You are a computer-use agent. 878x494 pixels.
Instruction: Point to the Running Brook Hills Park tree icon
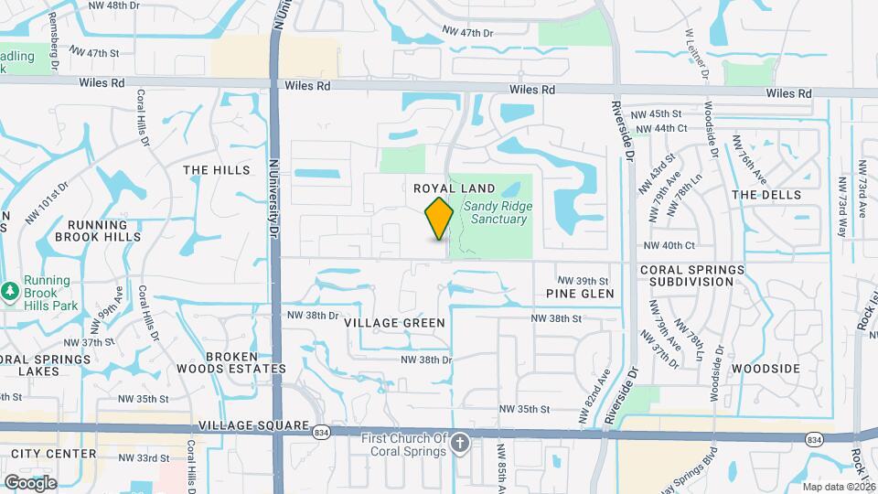coord(10,290)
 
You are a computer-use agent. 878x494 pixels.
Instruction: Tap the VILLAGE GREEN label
coord(395,323)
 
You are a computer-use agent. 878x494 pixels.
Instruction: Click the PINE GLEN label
coord(580,294)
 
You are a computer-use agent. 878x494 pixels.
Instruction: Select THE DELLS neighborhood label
coord(766,195)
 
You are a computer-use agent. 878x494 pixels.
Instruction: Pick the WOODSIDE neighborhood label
coord(767,369)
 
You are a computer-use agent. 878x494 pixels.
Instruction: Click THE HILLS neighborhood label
coord(216,170)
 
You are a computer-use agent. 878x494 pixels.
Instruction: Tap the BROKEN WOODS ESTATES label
coord(231,362)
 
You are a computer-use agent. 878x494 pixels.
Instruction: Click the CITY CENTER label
coord(54,454)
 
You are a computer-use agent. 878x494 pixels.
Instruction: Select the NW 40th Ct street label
coord(669,245)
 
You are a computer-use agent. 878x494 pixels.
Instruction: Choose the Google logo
coord(29,482)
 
